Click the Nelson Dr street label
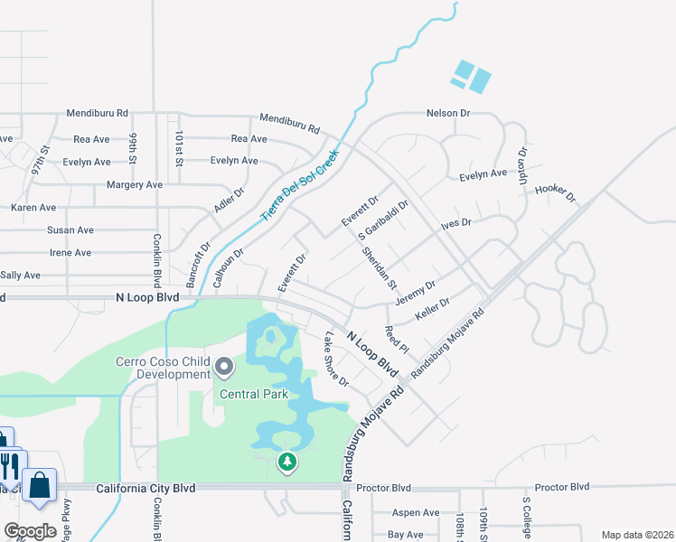click(x=449, y=114)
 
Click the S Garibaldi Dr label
click(x=384, y=220)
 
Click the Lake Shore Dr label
click(x=336, y=359)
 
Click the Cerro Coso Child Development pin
click(x=224, y=368)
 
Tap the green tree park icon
click(x=287, y=463)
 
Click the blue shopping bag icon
click(x=40, y=484)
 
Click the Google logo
click(x=31, y=531)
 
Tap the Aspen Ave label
click(x=391, y=512)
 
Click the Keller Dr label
click(x=432, y=308)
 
